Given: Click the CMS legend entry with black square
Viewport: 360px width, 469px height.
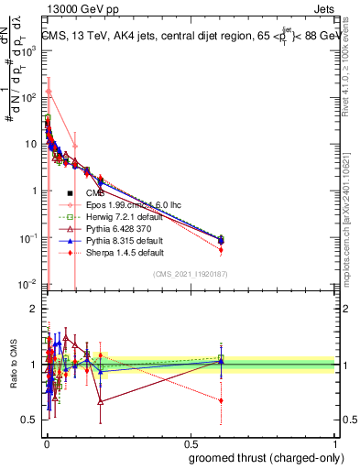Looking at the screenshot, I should pyautogui.click(x=97, y=192).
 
